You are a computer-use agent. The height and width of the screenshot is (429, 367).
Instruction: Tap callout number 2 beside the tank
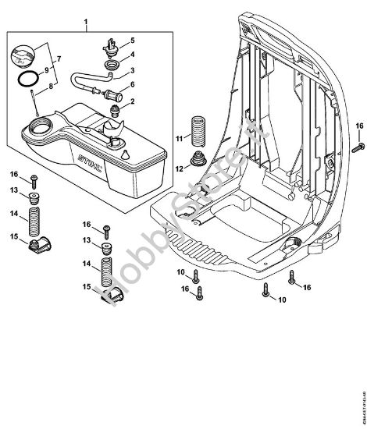click(x=133, y=101)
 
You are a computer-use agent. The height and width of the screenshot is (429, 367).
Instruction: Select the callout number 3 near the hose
click(x=133, y=69)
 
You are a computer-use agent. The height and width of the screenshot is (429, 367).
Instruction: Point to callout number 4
click(x=133, y=55)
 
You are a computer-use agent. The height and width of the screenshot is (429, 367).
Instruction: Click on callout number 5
click(x=133, y=40)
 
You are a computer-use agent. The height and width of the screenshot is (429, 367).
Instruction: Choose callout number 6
click(x=133, y=85)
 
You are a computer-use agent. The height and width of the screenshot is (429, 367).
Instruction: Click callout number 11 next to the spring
click(x=180, y=138)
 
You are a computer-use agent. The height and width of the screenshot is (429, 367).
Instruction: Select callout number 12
click(x=180, y=166)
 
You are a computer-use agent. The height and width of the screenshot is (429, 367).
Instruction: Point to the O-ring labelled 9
click(x=27, y=80)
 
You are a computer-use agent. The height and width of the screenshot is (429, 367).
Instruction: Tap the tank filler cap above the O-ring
click(x=24, y=57)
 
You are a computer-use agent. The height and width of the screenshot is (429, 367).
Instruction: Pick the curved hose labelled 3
click(x=90, y=80)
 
